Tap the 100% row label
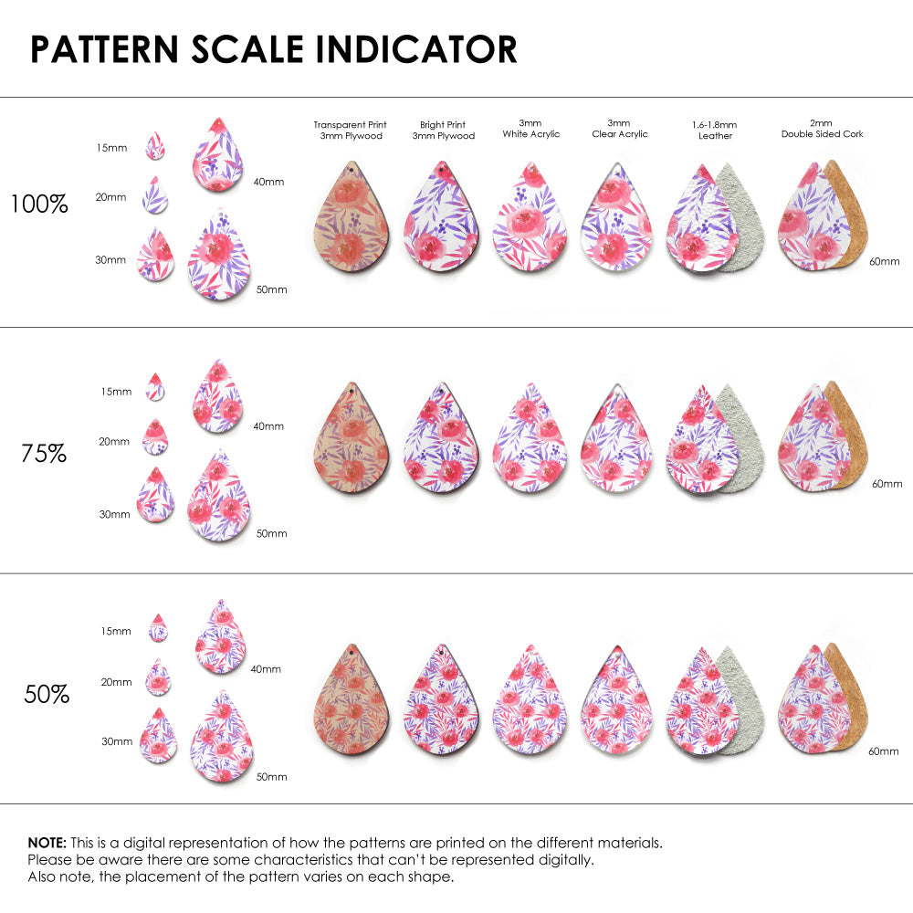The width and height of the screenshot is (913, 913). pyautogui.click(x=39, y=204)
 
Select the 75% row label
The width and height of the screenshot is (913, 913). pyautogui.click(x=44, y=452)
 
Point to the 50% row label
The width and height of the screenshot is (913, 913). pyautogui.click(x=47, y=694)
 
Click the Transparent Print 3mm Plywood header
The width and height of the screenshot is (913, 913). pyautogui.click(x=350, y=130)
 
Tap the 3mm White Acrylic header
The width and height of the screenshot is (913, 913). pyautogui.click(x=531, y=128)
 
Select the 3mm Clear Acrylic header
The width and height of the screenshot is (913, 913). pyautogui.click(x=620, y=128)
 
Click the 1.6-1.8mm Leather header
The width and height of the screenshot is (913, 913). pyautogui.click(x=715, y=130)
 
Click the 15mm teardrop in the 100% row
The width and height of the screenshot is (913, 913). pyautogui.click(x=156, y=146)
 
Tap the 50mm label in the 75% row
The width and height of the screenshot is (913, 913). pyautogui.click(x=271, y=533)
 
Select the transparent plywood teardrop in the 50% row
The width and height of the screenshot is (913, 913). pyautogui.click(x=352, y=698)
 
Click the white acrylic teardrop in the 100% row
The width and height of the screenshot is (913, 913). pyautogui.click(x=530, y=218)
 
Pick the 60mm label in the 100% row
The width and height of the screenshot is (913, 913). pyautogui.click(x=885, y=261)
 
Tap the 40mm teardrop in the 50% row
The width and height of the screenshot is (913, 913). pyautogui.click(x=219, y=637)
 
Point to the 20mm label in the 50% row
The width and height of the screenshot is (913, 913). pyautogui.click(x=116, y=682)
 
